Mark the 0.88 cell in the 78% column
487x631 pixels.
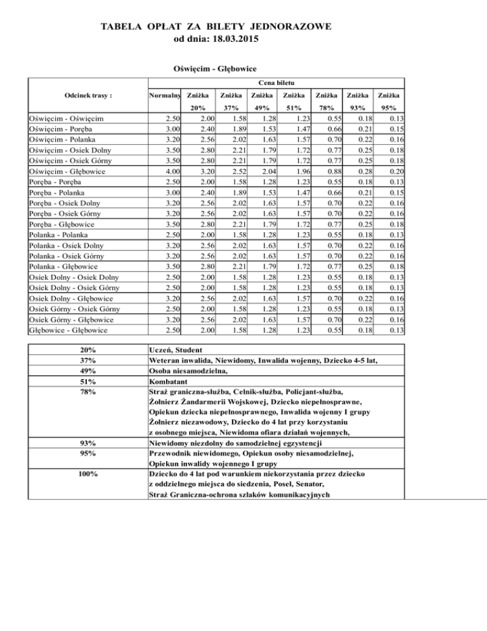(x=327, y=171)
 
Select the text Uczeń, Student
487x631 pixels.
(x=175, y=350)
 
